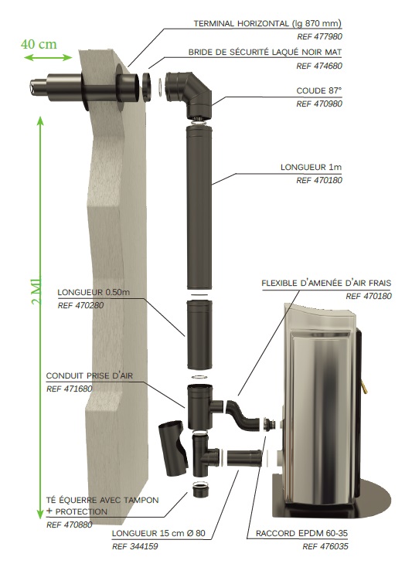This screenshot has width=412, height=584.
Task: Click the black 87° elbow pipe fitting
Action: (189, 92)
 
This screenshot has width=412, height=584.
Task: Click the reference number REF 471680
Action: (70, 389)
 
